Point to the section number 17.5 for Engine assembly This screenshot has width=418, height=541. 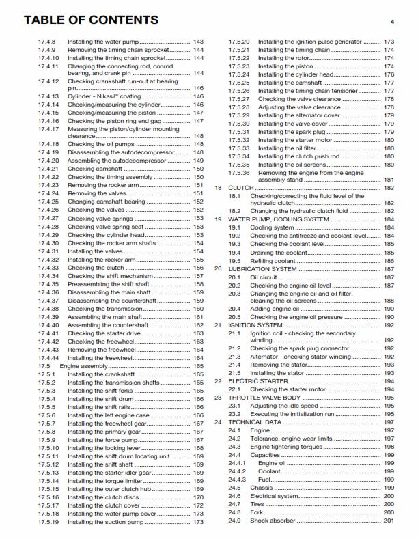tap(44, 366)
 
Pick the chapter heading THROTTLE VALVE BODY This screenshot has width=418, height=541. tap(264, 397)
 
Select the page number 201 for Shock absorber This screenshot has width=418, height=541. tap(389, 521)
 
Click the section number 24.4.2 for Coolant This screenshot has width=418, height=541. tap(238, 471)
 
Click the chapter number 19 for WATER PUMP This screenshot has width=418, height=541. tap(219, 220)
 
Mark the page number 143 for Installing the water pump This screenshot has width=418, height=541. tap(198, 42)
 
